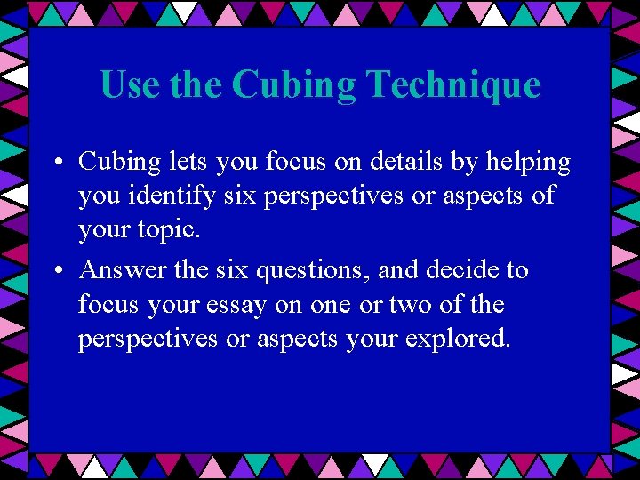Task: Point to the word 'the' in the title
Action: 196,85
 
